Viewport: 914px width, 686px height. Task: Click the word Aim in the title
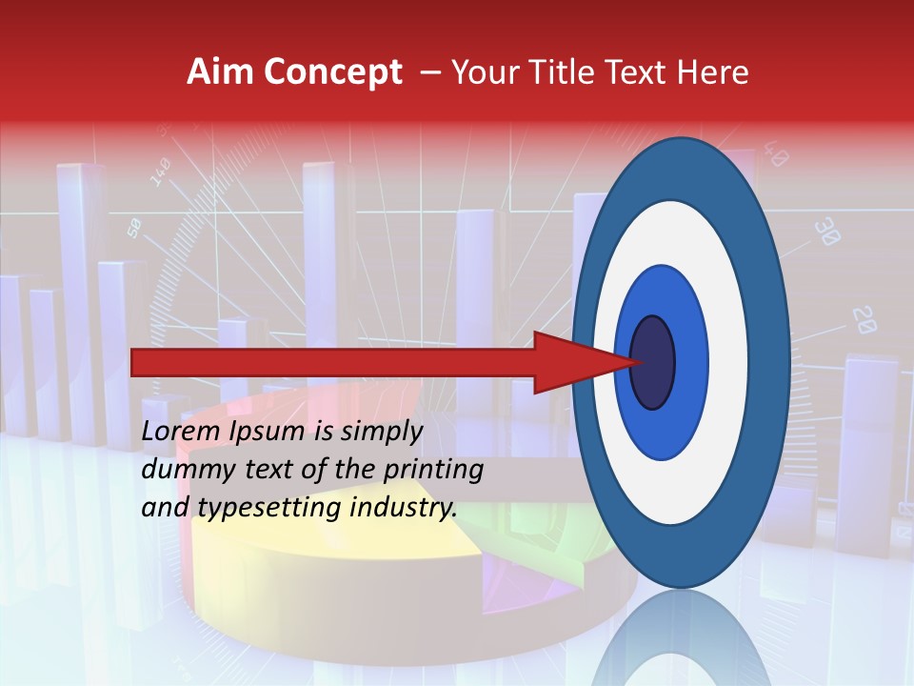219,72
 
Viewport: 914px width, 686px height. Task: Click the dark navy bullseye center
652,363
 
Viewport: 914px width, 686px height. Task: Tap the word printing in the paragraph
432,470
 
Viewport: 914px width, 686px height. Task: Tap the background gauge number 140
160,172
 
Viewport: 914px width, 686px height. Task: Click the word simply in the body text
381,432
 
